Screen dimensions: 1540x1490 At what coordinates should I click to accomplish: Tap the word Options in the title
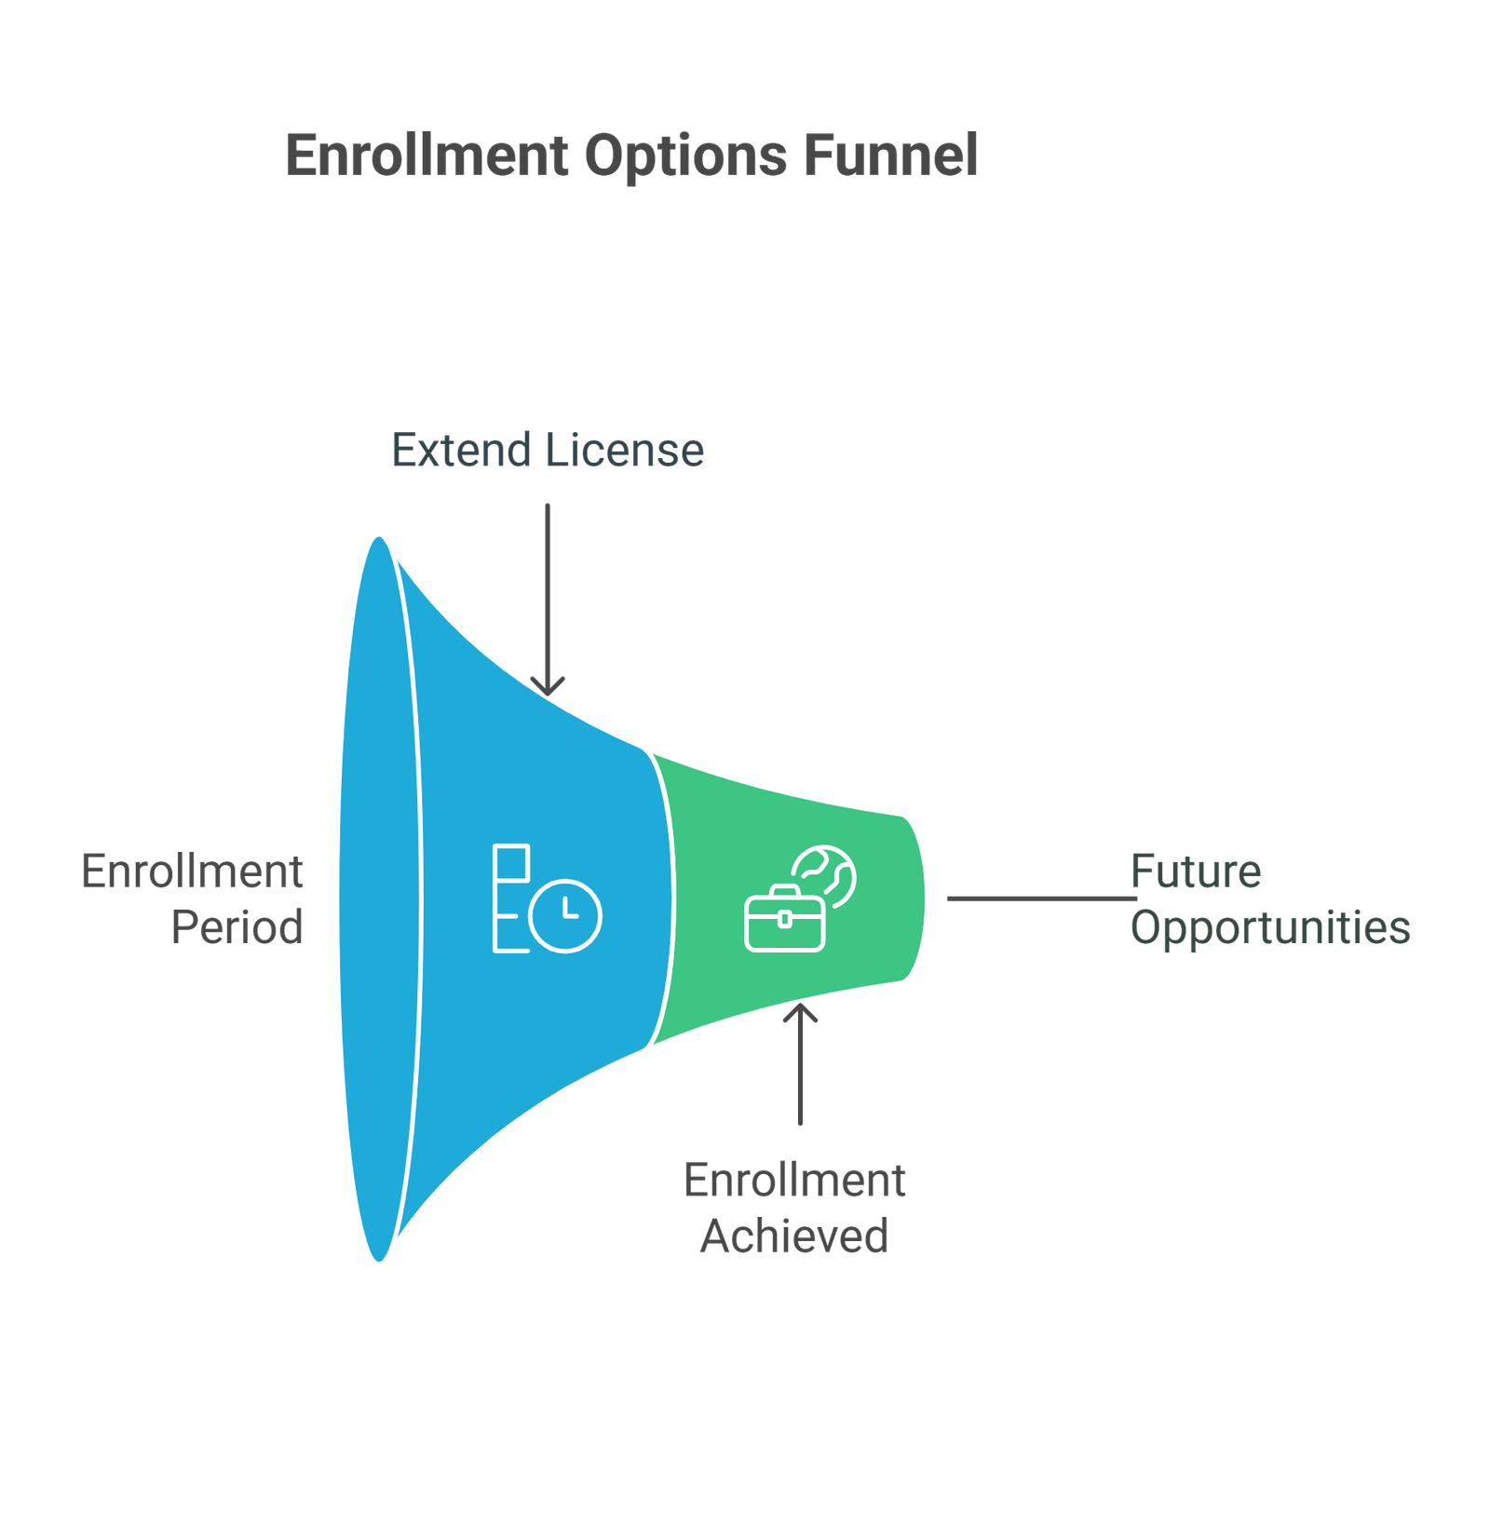685,156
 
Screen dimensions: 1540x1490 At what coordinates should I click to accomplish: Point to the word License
625,451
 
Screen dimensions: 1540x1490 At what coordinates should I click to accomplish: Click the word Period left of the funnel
237,927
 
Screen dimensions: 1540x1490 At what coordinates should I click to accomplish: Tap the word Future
1196,872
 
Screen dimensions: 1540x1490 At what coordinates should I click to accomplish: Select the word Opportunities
1270,928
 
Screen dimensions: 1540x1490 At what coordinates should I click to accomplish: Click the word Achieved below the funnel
795,1236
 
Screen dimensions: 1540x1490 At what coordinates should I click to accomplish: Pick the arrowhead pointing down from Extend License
548,687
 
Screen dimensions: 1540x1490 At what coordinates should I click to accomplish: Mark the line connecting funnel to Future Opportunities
1041,898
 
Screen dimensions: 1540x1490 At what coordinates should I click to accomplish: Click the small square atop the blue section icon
510,862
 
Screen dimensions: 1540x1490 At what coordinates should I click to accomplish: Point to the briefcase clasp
784,919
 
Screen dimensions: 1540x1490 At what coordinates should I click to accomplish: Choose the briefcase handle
784,893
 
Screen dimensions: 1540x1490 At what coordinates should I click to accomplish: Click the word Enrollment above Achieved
795,1181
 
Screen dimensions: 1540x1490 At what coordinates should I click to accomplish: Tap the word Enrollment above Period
192,872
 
